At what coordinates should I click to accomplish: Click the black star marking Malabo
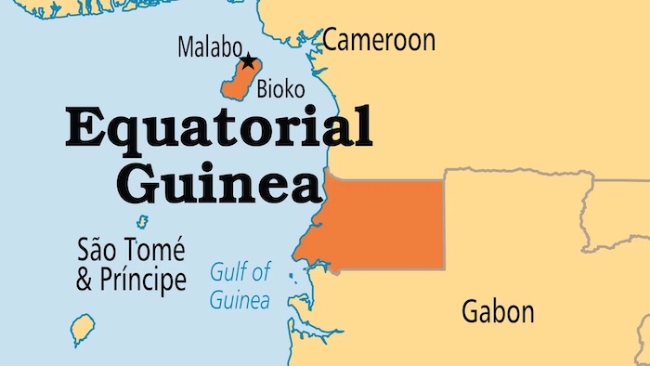pos(248,62)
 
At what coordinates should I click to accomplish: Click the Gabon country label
pos(498,312)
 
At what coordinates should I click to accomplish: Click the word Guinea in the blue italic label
pos(240,300)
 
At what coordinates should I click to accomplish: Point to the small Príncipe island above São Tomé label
pos(142,222)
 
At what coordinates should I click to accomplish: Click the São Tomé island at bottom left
pos(83,327)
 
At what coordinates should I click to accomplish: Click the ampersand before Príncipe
pos(87,280)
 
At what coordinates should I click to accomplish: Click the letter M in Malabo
pos(186,47)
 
